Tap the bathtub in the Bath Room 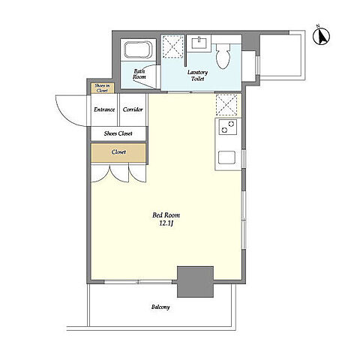138,49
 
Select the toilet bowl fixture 223,56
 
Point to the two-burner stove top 227,127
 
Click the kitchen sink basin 226,157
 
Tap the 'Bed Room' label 166,215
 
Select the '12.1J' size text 166,223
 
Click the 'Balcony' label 160,307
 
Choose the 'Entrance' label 104,109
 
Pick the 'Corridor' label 133,109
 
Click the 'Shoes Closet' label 118,133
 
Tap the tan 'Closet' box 118,152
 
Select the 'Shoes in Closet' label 102,88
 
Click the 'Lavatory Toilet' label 197,76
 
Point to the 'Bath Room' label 139,74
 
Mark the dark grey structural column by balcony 195,282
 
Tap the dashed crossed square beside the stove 226,105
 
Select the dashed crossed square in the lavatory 172,46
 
